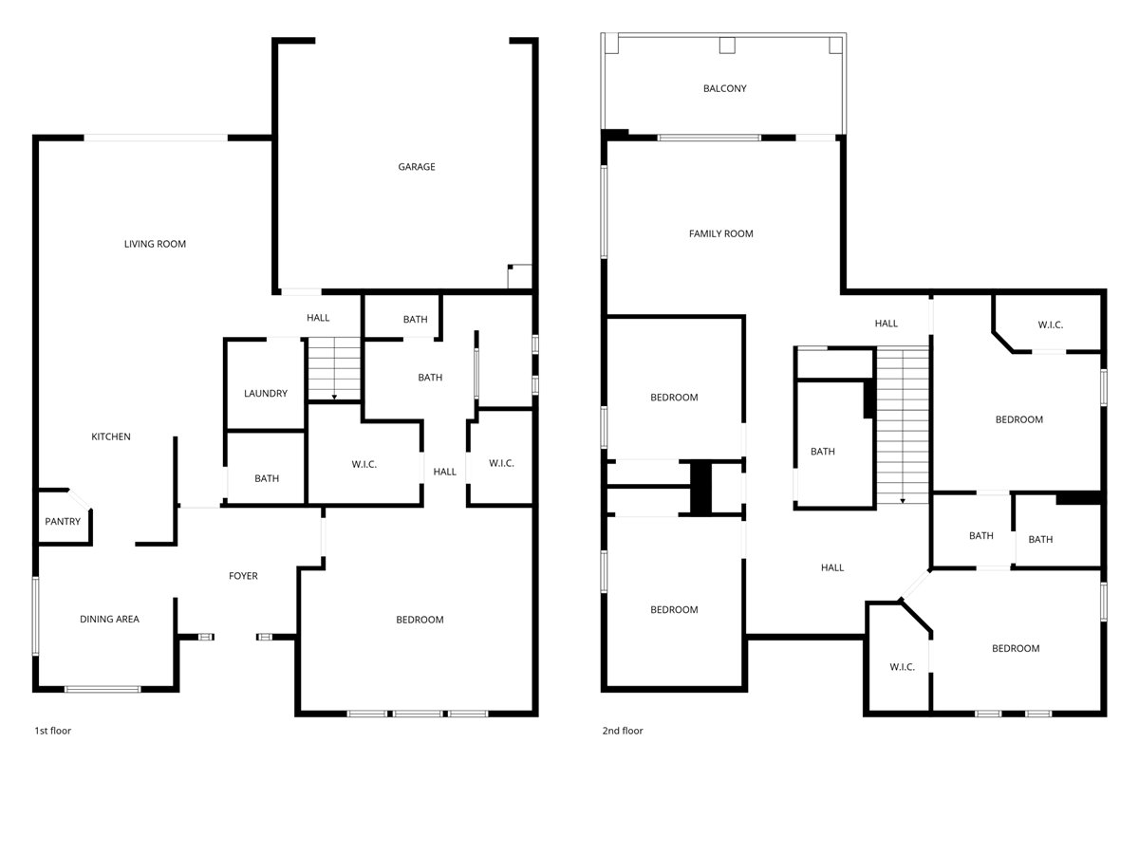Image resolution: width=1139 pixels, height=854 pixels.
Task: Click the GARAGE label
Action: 417,167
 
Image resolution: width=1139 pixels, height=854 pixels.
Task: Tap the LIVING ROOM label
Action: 155,244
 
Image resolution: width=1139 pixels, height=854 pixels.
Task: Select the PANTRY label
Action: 63,522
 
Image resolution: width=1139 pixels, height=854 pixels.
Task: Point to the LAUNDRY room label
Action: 266,394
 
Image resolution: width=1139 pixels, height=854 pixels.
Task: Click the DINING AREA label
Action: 109,620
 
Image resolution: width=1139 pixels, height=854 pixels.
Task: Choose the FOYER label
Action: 243,576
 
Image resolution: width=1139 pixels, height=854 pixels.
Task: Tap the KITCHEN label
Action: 111,437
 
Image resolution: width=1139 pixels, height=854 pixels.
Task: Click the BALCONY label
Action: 724,89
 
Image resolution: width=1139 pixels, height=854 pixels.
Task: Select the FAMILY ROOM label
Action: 721,233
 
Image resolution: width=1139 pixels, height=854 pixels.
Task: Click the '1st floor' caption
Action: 53,731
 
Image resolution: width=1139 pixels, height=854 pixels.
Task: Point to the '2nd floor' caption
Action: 623,731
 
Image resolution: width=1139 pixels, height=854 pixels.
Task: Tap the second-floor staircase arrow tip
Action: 902,500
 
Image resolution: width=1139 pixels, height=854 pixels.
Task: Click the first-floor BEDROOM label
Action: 420,620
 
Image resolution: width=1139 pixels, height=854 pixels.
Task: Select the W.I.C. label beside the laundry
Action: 364,464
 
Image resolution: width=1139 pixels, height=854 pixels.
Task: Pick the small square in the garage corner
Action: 520,276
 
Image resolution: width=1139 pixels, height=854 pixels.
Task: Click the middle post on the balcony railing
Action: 727,45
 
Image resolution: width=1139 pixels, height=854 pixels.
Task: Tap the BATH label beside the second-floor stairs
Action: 823,452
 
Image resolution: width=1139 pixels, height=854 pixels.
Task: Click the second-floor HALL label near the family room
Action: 887,324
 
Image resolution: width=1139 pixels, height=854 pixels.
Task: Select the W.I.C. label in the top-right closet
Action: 1051,325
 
